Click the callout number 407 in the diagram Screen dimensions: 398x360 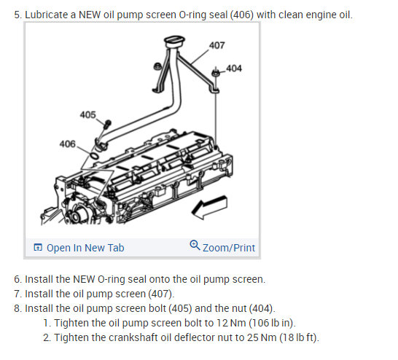pyautogui.click(x=216, y=45)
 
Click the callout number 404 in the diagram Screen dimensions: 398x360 pyautogui.click(x=234, y=69)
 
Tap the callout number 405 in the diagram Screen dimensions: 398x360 pyautogui.click(x=87, y=114)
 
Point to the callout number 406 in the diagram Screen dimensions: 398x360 pyautogui.click(x=68, y=144)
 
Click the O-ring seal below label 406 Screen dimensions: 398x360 pyautogui.click(x=94, y=156)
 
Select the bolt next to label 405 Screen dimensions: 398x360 pyautogui.click(x=107, y=124)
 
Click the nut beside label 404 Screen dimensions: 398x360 pyautogui.click(x=216, y=73)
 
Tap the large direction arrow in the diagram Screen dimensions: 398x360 pyautogui.click(x=209, y=207)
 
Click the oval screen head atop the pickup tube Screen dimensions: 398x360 pyautogui.click(x=174, y=42)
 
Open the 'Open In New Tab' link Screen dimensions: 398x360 pyautogui.click(x=85, y=248)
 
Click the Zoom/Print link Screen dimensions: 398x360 pyautogui.click(x=229, y=248)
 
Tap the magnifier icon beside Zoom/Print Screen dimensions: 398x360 pyautogui.click(x=195, y=245)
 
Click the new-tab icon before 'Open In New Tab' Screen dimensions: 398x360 pyautogui.click(x=38, y=247)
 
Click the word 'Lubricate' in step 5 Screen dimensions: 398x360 pyautogui.click(x=47, y=15)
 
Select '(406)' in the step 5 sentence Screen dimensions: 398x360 pyautogui.click(x=242, y=15)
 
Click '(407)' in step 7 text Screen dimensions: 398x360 pyautogui.click(x=161, y=294)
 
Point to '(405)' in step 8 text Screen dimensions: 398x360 pyautogui.click(x=181, y=308)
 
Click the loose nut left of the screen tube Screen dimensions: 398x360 pyautogui.click(x=157, y=66)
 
